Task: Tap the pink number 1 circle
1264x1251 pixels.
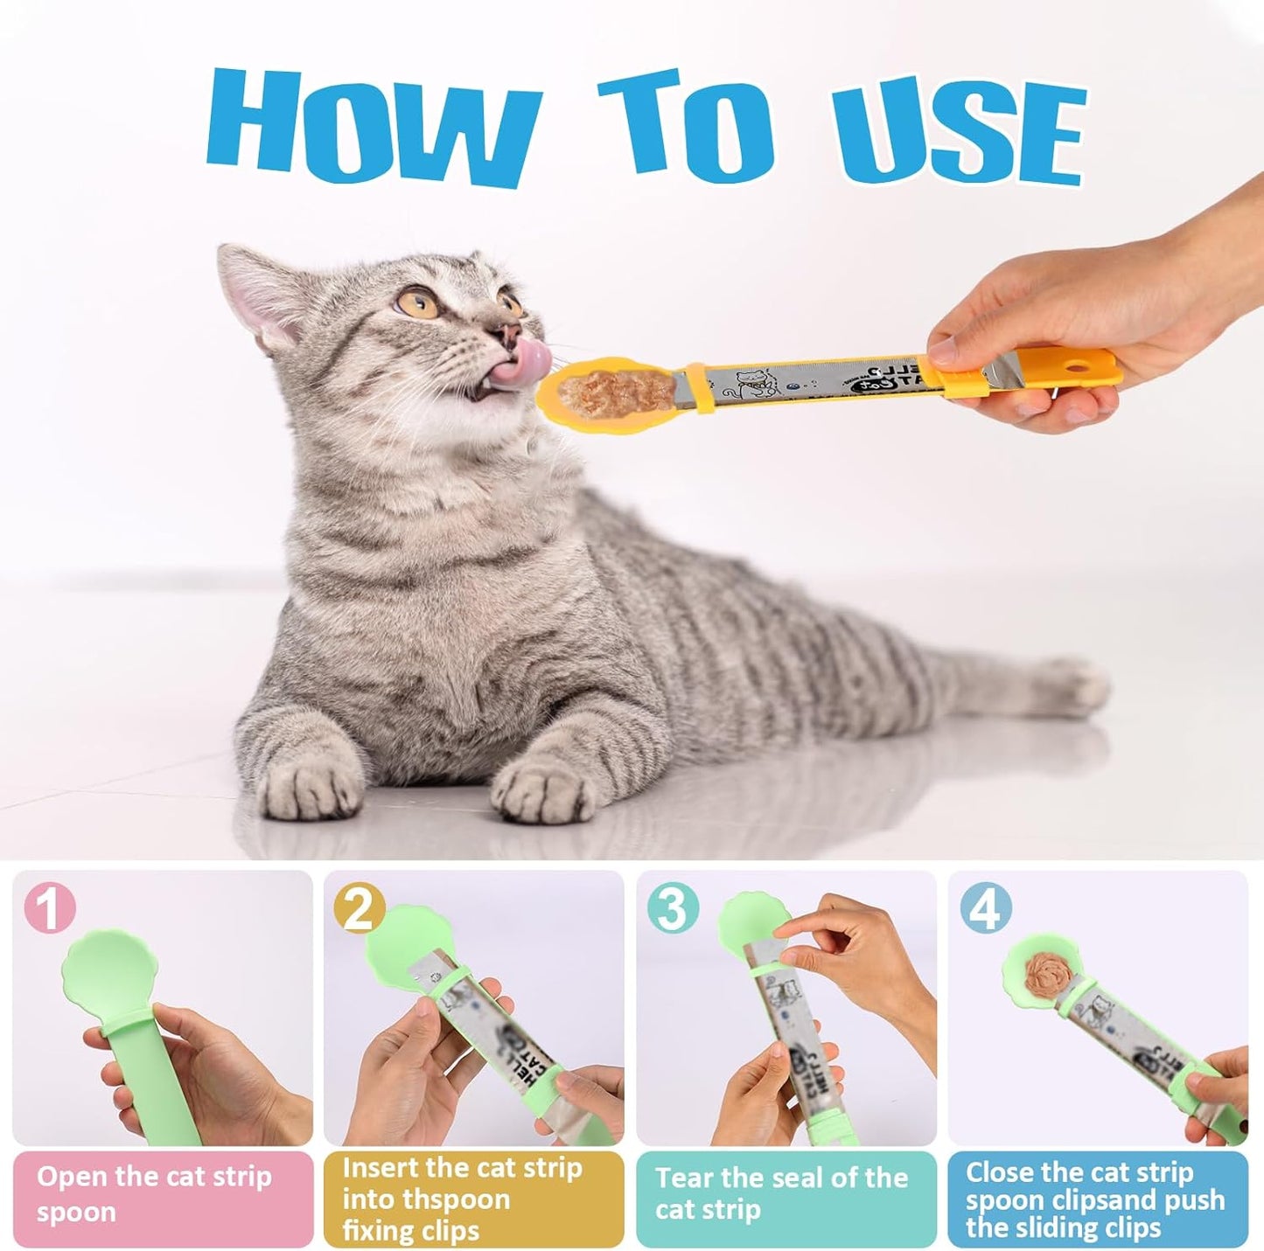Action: pos(50,908)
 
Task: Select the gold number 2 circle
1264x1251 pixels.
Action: pos(360,909)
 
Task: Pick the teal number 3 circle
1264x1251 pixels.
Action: pos(673,908)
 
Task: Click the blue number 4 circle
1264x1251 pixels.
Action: pos(985,908)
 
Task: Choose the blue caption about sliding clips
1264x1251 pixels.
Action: pos(1097,1199)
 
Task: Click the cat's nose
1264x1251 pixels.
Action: pos(505,333)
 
